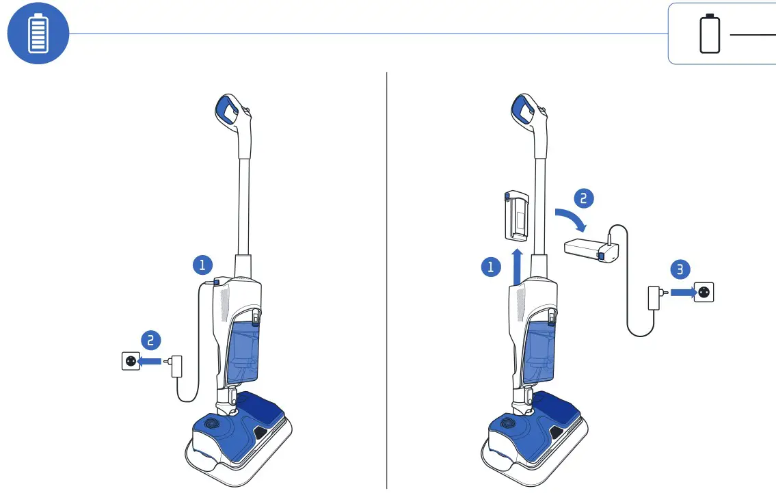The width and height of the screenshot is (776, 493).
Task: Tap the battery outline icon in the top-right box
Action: click(x=710, y=34)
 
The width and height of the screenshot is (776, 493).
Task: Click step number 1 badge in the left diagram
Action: click(x=202, y=265)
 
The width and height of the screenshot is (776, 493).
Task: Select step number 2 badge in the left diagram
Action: click(x=151, y=339)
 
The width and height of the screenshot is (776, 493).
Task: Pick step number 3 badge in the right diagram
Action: click(x=679, y=269)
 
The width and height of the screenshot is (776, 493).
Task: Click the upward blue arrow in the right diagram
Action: click(x=517, y=265)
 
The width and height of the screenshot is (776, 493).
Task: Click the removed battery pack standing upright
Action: click(x=518, y=215)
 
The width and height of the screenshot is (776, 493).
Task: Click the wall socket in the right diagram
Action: click(x=704, y=293)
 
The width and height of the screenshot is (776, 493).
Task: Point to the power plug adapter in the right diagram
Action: click(x=654, y=297)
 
